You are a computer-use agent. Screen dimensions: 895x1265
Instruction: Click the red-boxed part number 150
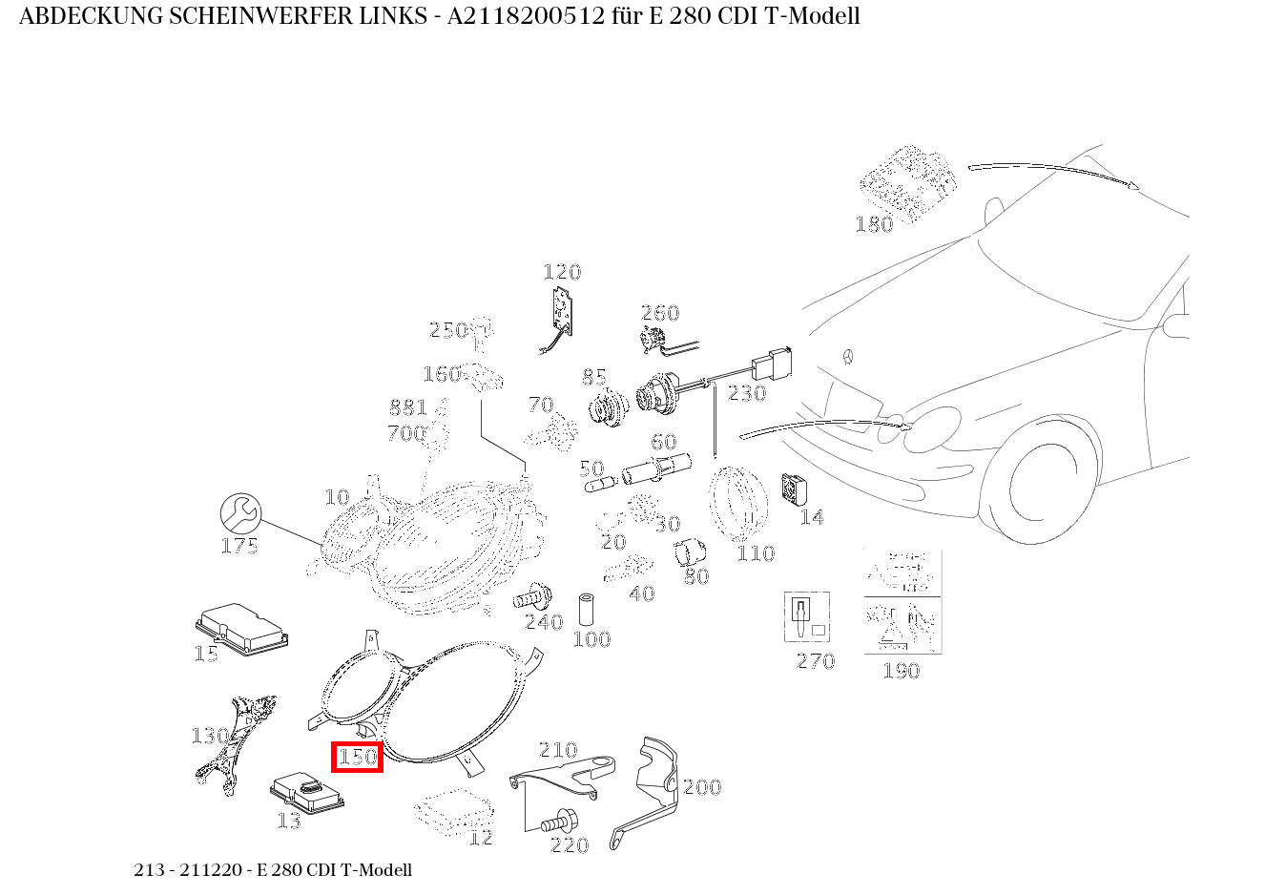358,758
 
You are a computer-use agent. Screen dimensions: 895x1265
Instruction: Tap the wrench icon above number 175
240,513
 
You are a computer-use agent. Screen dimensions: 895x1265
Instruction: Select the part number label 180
874,224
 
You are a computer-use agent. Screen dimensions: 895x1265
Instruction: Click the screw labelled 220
556,822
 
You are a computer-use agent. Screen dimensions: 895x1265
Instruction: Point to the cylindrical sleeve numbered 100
587,610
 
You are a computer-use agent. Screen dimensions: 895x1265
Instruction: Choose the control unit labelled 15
241,628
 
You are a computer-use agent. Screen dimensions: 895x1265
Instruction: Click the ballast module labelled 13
308,792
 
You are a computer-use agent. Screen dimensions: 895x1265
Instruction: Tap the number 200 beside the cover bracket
702,787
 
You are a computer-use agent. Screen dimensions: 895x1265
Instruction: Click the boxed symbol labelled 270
806,617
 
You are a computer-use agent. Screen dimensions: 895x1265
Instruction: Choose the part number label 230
747,393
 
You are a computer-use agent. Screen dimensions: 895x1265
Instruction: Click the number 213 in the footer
148,870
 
